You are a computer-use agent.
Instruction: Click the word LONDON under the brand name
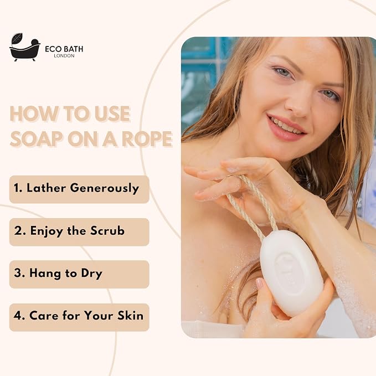(64, 55)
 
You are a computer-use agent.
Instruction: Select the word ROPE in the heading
(147, 138)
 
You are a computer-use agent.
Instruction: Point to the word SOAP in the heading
(36, 138)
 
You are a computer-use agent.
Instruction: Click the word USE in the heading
(112, 114)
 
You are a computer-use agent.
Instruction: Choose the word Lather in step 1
(45, 188)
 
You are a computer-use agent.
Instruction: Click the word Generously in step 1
(105, 188)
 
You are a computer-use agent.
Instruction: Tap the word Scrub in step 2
(107, 231)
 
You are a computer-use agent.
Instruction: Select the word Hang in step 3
(45, 274)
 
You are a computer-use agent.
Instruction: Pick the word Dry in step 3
(92, 274)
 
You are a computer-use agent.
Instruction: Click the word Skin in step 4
(131, 315)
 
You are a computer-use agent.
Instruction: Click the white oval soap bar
(292, 273)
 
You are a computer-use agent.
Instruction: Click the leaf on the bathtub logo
(17, 38)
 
